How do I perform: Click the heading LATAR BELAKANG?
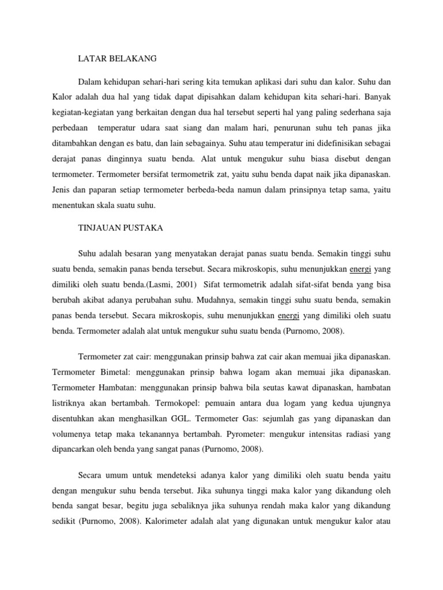117,58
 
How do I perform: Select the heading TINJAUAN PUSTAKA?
121,228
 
